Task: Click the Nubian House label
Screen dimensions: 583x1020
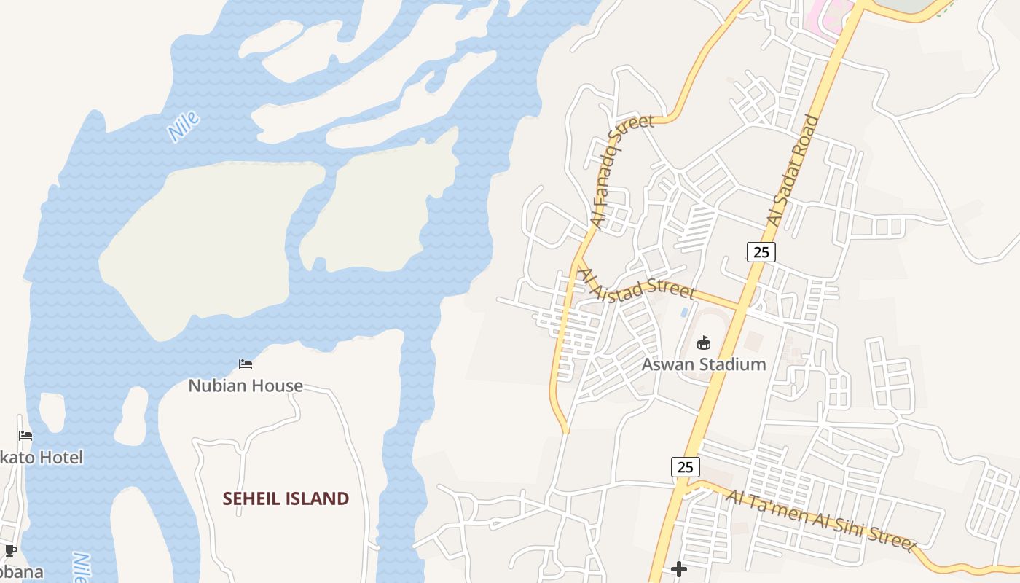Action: pyautogui.click(x=246, y=386)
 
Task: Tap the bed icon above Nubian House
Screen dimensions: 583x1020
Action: pyautogui.click(x=246, y=364)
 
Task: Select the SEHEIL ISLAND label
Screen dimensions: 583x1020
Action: pyautogui.click(x=286, y=498)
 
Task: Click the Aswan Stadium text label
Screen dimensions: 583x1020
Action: pyautogui.click(x=704, y=364)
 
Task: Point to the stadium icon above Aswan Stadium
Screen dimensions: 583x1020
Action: pyautogui.click(x=704, y=343)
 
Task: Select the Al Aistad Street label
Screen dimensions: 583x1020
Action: pyautogui.click(x=636, y=285)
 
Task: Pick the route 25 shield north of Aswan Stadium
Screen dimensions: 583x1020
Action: pyautogui.click(x=761, y=252)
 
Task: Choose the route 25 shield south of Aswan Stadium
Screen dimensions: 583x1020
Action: pyautogui.click(x=685, y=466)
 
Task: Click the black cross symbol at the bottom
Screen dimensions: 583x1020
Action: pyautogui.click(x=679, y=568)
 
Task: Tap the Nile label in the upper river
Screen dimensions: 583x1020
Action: pyautogui.click(x=183, y=126)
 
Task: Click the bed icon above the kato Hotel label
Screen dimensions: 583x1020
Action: pyautogui.click(x=25, y=436)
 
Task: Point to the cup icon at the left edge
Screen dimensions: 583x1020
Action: pyautogui.click(x=10, y=550)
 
